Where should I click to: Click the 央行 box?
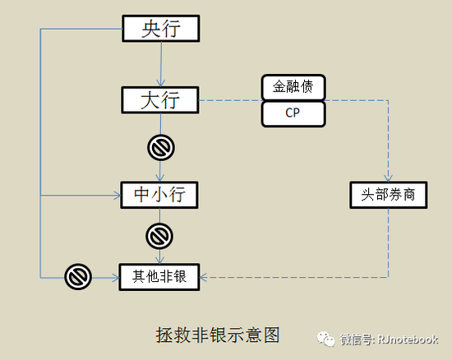click(161, 29)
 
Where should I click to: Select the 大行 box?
click(160, 100)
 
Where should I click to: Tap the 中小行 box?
click(159, 195)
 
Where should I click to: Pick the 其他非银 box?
click(159, 277)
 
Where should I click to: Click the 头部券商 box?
click(388, 195)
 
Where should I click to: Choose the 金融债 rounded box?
click(293, 87)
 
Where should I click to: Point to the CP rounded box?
click(293, 113)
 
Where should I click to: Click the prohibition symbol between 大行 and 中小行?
click(161, 147)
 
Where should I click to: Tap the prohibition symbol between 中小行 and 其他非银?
click(159, 236)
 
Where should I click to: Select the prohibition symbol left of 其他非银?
click(78, 277)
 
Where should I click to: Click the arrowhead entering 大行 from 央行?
click(161, 83)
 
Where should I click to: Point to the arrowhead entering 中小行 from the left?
click(118, 195)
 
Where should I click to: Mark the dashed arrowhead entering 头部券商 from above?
click(388, 178)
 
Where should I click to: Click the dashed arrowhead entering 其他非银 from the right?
click(203, 277)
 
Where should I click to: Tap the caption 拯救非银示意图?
click(218, 335)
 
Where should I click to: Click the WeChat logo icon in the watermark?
click(325, 339)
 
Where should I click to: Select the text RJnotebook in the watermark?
click(408, 339)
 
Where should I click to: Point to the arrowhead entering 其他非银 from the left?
click(116, 278)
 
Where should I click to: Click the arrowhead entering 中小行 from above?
click(160, 178)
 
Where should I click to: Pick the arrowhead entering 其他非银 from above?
click(159, 260)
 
